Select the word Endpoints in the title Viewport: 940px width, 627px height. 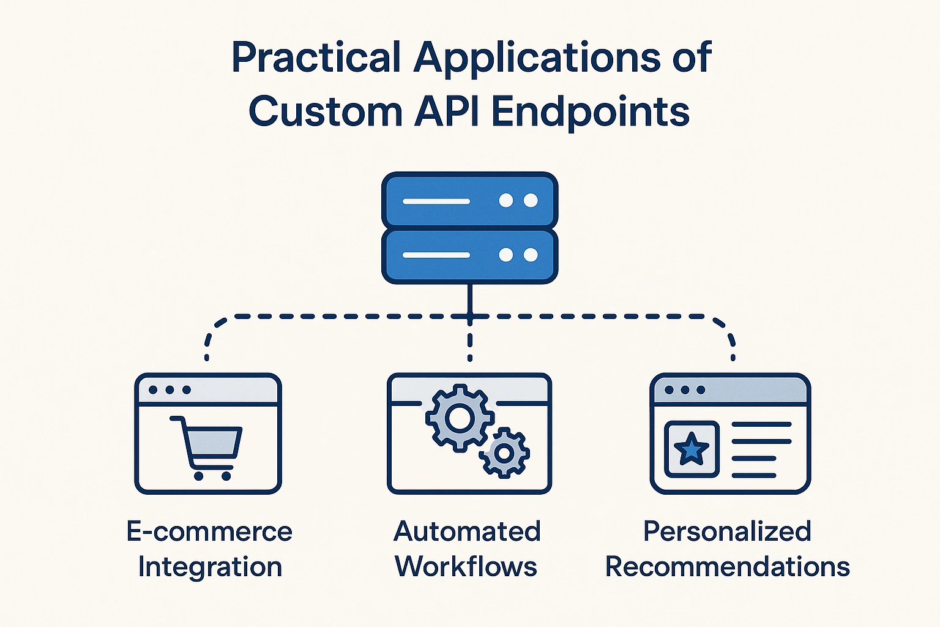click(591, 113)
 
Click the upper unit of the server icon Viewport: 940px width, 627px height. click(469, 200)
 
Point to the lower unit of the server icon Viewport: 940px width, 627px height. click(469, 255)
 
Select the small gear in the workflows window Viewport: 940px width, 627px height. click(504, 452)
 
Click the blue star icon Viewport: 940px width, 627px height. click(692, 449)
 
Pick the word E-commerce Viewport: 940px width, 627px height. click(209, 531)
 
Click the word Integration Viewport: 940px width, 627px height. click(210, 567)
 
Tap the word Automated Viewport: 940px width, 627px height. click(468, 531)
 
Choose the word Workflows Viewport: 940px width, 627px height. click(466, 567)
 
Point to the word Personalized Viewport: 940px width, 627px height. click(727, 531)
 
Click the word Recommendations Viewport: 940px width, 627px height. click(728, 567)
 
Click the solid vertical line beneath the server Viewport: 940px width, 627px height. click(469, 300)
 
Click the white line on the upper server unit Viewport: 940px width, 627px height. click(436, 201)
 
